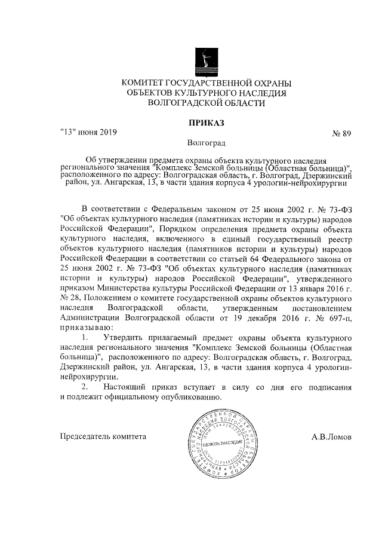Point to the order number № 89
tap(340, 133)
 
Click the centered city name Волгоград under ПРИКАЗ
tap(206, 143)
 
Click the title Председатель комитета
tap(103, 436)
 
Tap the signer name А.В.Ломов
tap(331, 436)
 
